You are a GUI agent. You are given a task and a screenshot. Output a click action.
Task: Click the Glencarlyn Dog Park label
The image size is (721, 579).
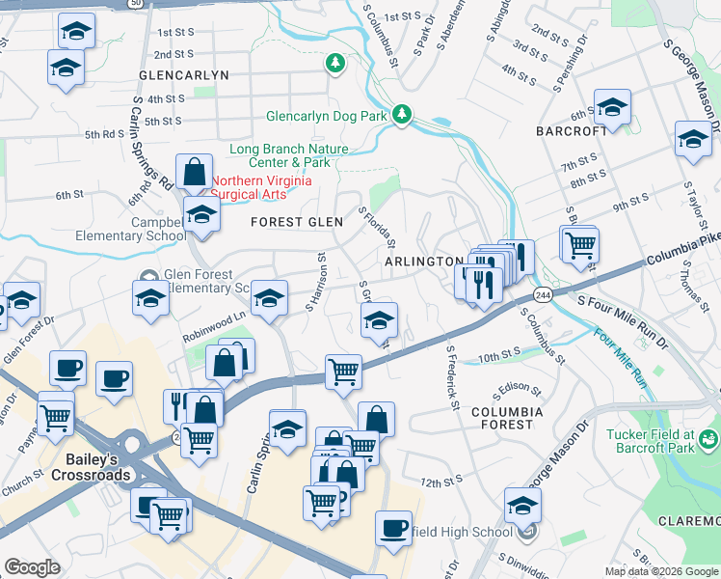[327, 117]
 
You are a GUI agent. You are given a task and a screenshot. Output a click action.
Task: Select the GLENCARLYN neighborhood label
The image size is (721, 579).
[184, 74]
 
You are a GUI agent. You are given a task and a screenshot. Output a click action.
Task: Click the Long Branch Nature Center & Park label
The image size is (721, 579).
[288, 155]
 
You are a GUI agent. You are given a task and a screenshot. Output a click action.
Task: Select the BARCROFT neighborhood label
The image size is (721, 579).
[573, 130]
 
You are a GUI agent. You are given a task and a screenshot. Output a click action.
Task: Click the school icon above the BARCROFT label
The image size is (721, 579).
[612, 107]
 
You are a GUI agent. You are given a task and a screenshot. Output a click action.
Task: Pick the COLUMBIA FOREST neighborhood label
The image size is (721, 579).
[507, 418]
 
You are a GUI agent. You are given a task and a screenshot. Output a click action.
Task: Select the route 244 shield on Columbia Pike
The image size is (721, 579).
[545, 295]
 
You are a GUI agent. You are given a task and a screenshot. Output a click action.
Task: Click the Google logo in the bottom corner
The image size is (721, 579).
[32, 567]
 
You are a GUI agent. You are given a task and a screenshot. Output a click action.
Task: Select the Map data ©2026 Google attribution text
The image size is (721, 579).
[660, 571]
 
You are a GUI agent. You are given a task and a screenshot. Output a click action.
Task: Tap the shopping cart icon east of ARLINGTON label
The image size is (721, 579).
[579, 244]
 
